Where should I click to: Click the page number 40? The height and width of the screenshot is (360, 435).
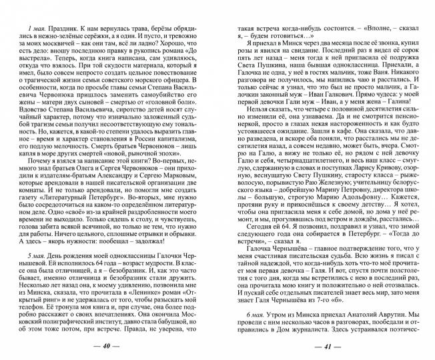(x=111, y=347)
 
